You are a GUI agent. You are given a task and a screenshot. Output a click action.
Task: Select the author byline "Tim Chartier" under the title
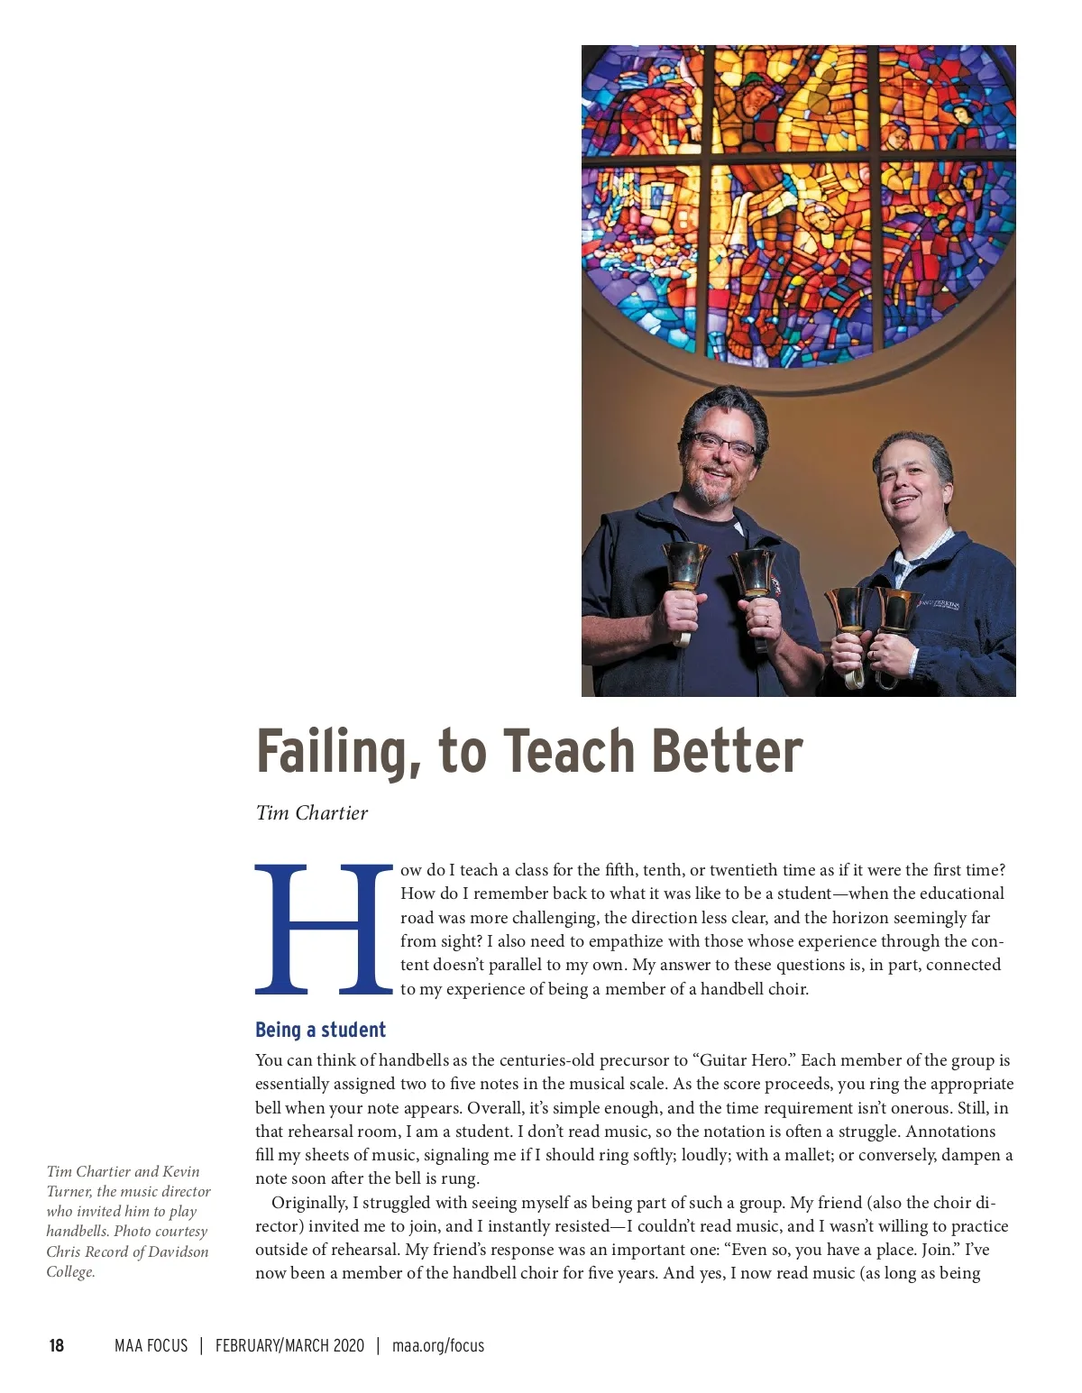(x=311, y=813)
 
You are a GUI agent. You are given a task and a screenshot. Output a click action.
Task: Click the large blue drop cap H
(x=324, y=929)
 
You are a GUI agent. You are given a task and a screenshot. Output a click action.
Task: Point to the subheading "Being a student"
(x=320, y=1030)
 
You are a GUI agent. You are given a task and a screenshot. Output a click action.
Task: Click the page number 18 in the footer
(x=56, y=1345)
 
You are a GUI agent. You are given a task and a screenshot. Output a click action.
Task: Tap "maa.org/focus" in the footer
(x=438, y=1345)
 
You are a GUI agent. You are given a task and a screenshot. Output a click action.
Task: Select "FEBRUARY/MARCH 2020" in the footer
(x=289, y=1345)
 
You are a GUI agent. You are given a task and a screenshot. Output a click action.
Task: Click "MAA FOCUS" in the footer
(x=151, y=1345)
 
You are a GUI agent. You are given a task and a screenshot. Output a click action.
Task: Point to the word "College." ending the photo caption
(x=70, y=1271)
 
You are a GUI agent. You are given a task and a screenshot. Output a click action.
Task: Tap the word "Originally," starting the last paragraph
(x=309, y=1203)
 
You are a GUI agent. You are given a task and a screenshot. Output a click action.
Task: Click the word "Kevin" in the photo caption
(x=180, y=1171)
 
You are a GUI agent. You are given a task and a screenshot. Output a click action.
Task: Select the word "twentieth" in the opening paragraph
(x=744, y=870)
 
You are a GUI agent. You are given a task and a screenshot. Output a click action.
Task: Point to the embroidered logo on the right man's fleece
(x=938, y=603)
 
